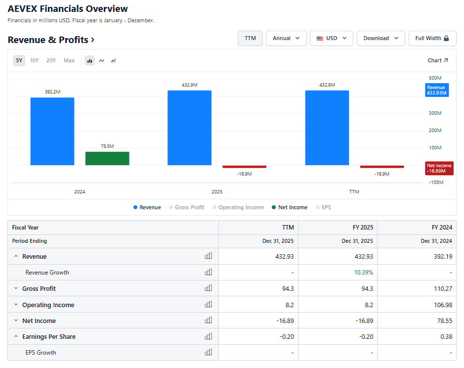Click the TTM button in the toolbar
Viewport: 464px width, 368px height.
[250, 38]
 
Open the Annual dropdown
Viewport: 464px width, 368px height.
[286, 38]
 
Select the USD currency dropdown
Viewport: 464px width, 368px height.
[332, 38]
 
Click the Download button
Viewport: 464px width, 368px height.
[381, 38]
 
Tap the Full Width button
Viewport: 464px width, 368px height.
[432, 38]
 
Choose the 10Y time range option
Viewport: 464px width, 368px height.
[34, 60]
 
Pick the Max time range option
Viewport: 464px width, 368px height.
[69, 60]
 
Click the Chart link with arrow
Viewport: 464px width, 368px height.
[438, 60]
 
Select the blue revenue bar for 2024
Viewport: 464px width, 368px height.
[52, 131]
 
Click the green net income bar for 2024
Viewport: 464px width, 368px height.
[107, 158]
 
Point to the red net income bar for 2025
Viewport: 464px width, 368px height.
[245, 167]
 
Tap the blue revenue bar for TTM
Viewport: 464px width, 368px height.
[327, 128]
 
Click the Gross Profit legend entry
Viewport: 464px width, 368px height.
[187, 207]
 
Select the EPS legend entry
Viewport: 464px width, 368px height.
[324, 207]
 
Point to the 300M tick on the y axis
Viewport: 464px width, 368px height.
[435, 113]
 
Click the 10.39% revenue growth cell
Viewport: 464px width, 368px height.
[364, 273]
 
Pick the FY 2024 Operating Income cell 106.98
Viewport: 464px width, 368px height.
[443, 305]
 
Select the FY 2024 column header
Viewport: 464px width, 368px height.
[442, 228]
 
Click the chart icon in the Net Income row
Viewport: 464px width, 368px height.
[209, 321]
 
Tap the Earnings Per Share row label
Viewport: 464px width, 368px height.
[49, 337]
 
